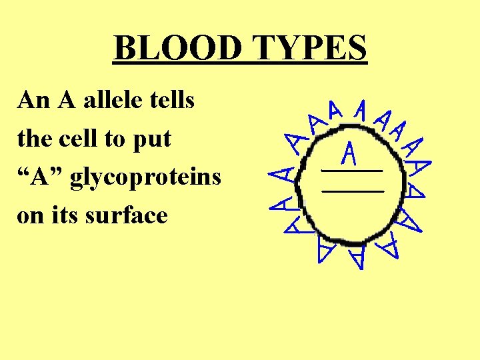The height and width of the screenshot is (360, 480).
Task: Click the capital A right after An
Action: (67, 101)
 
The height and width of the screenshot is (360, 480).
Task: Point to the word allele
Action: (114, 101)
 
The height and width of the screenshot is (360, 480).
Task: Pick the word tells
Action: (173, 101)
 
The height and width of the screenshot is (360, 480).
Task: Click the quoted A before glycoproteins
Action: (39, 178)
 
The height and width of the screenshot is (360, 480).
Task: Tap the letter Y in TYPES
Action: (282, 47)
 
